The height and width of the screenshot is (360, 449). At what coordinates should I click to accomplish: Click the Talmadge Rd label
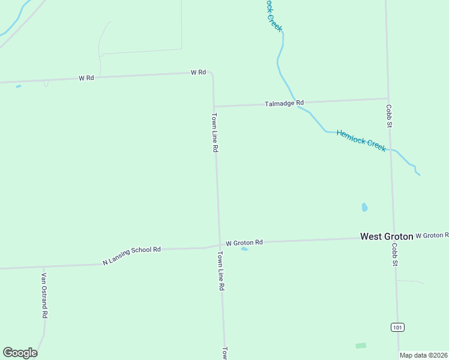284,103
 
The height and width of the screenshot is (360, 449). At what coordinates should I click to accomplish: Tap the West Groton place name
387,236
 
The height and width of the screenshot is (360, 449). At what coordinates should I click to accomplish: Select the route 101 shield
397,327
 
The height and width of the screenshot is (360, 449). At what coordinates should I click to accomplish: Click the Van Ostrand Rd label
44,295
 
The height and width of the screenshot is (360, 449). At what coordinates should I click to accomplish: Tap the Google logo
20,353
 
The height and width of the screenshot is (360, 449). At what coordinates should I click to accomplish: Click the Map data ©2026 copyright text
424,355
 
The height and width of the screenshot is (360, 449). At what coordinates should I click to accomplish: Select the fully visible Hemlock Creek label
361,141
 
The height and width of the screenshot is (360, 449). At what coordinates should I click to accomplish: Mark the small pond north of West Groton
364,208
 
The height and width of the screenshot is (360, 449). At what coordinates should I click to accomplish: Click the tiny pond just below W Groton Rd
244,249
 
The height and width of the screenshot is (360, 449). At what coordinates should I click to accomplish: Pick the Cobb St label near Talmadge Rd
389,116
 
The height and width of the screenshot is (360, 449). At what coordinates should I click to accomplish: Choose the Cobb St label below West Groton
395,254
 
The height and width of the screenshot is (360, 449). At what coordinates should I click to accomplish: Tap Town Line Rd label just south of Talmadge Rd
214,132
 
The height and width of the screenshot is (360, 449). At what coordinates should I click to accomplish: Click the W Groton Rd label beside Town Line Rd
244,242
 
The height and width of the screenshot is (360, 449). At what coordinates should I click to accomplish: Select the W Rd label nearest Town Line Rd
198,72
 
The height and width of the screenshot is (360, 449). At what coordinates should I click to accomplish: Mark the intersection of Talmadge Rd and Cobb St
388,98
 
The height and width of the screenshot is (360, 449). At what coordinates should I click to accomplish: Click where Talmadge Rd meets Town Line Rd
214,107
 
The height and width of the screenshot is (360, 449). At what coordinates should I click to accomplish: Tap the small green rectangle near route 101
360,346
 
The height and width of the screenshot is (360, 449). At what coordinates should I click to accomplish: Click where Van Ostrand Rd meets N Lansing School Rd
43,267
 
